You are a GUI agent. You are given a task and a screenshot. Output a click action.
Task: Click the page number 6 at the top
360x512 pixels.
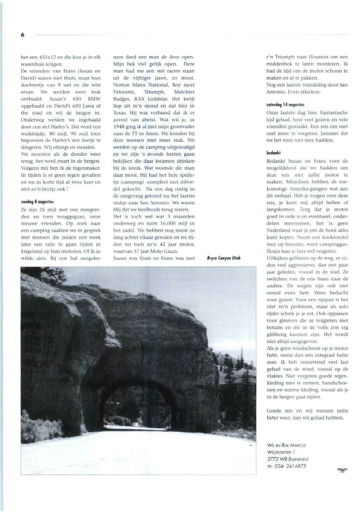tap(23, 35)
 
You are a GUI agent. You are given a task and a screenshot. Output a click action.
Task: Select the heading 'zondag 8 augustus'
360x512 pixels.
tap(37, 202)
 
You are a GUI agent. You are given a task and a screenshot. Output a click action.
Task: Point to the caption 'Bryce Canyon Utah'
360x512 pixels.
tap(223, 258)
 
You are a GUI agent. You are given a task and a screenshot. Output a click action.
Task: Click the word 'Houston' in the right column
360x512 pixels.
tap(318, 57)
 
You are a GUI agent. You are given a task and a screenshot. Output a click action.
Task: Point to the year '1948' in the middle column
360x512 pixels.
tap(119, 127)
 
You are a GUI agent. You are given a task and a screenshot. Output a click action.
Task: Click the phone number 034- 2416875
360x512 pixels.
tap(287, 466)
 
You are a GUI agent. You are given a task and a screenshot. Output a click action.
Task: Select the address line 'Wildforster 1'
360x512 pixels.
tap(281, 452)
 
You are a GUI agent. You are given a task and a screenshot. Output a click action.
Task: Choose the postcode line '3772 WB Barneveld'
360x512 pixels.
tap(287, 459)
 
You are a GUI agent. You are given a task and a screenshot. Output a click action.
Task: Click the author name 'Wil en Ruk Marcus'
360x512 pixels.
tap(286, 445)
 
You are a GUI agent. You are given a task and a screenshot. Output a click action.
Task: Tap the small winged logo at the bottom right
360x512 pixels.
tap(342, 470)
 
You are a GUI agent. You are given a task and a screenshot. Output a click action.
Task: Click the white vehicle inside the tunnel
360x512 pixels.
tap(135, 424)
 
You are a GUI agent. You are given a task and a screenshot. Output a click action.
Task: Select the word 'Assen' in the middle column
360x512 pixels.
tap(152, 134)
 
